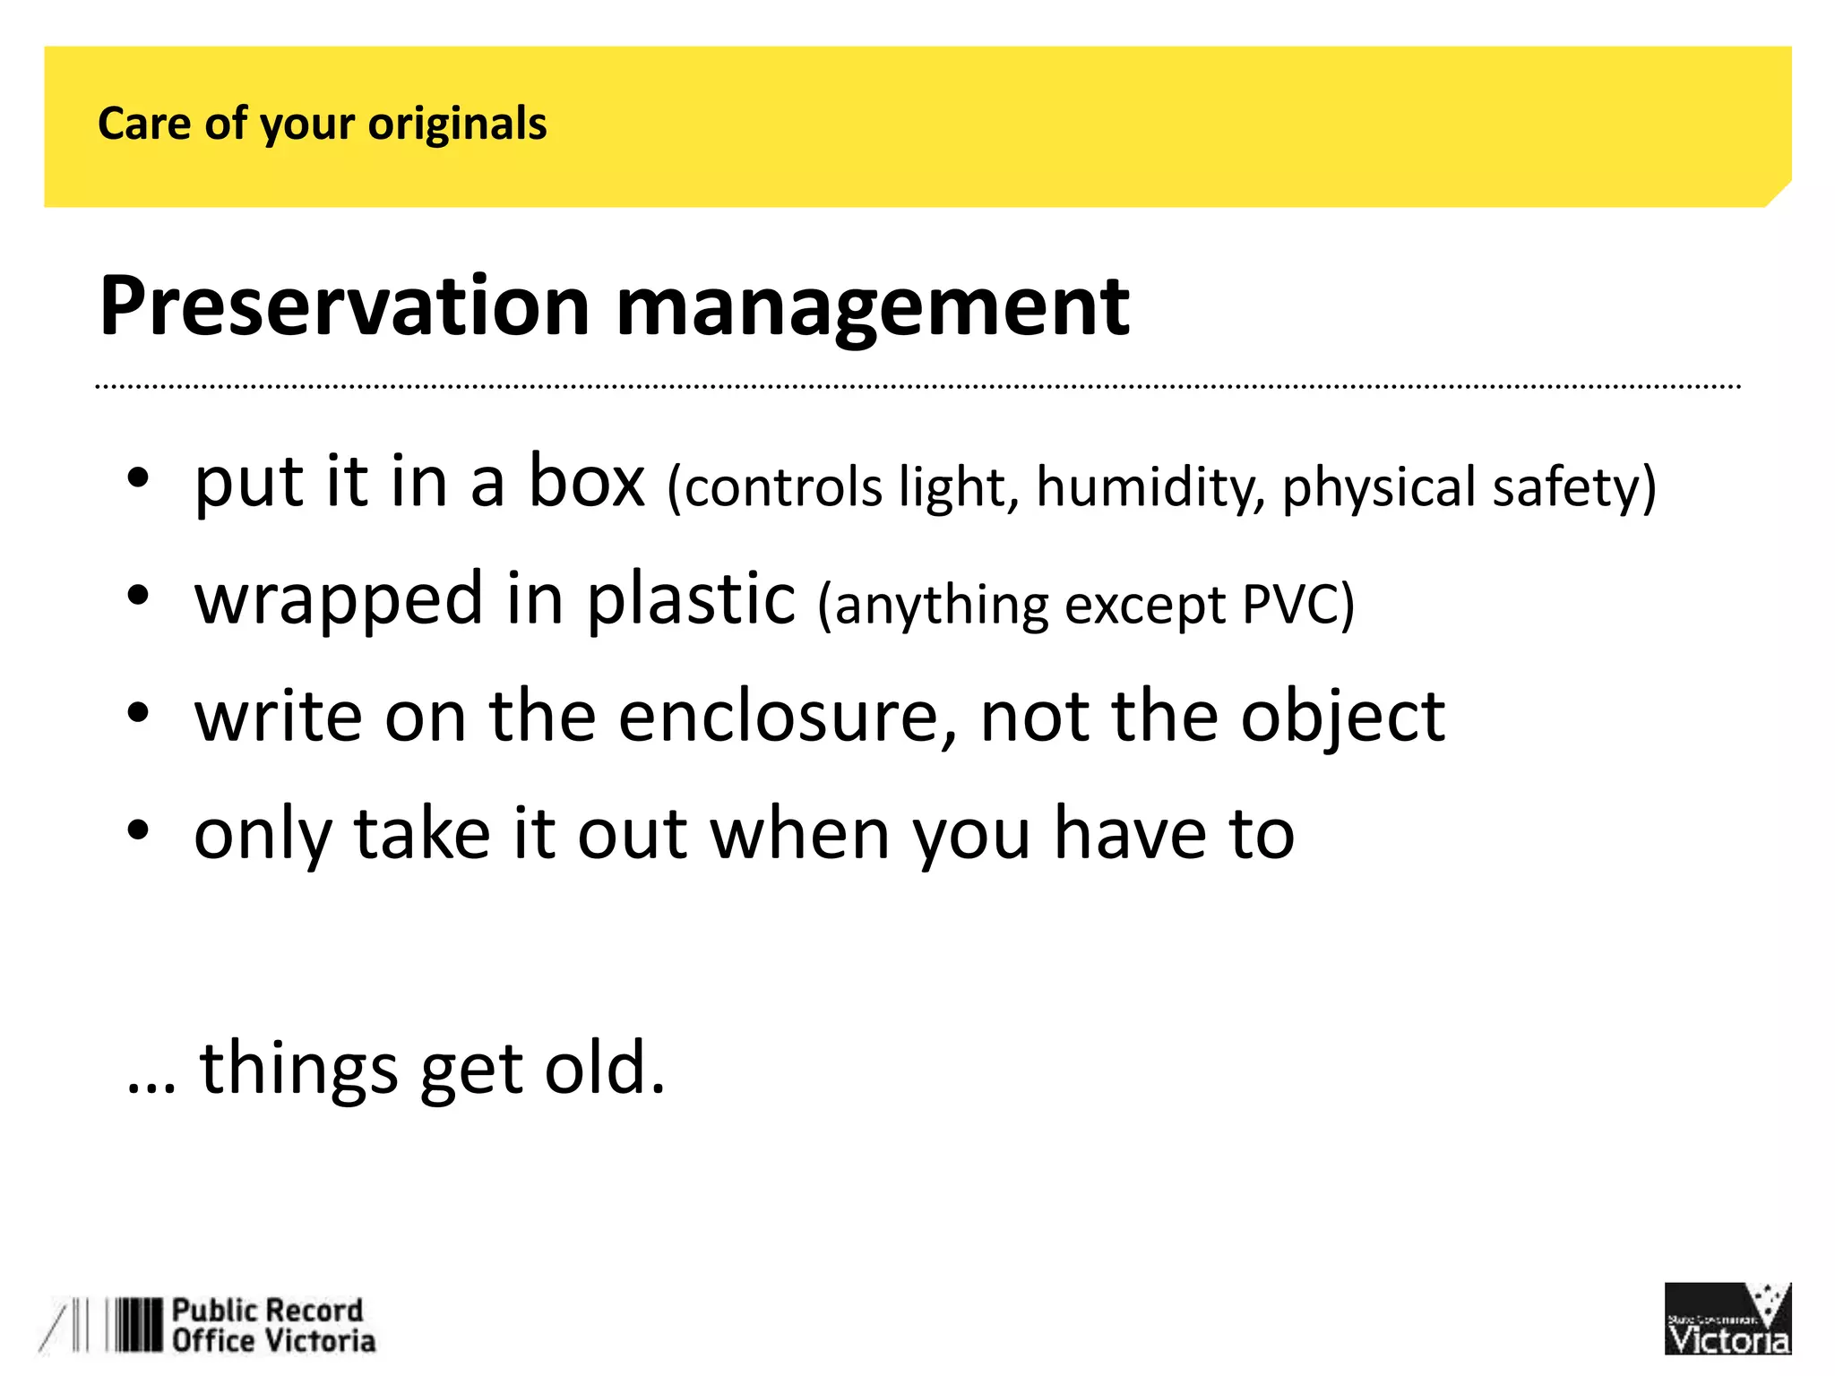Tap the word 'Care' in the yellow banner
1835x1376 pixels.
pyautogui.click(x=143, y=124)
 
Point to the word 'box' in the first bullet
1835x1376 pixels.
pyautogui.click(x=587, y=482)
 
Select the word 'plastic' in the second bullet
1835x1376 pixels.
pyautogui.click(x=691, y=599)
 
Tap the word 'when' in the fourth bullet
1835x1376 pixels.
pyautogui.click(x=800, y=834)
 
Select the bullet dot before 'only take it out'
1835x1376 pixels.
pyautogui.click(x=137, y=830)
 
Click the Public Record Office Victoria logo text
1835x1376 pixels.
pyautogui.click(x=272, y=1326)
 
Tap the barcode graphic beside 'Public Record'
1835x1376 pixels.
pyautogui.click(x=134, y=1325)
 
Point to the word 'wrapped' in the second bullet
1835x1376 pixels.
pyautogui.click(x=339, y=599)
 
